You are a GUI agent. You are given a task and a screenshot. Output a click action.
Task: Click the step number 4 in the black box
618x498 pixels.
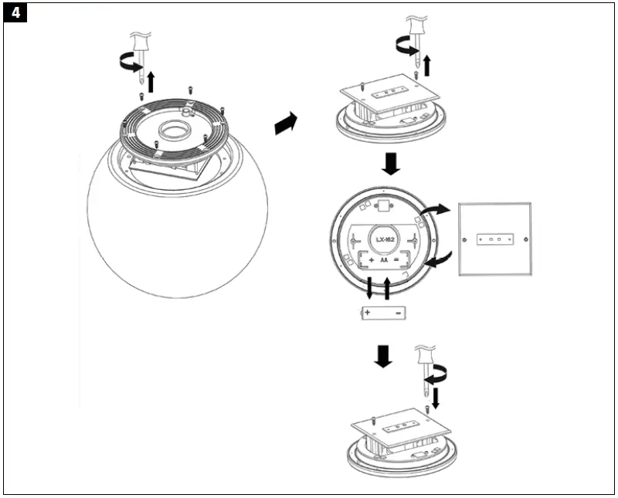16,15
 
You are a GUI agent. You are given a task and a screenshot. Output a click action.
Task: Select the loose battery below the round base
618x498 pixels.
383,313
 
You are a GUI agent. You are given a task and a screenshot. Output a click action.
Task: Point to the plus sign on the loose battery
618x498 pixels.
368,313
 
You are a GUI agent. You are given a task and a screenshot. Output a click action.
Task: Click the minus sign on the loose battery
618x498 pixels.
397,313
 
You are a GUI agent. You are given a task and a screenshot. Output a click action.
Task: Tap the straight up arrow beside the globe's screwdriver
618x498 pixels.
152,80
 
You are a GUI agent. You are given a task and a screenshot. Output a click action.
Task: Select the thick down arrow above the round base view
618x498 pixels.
392,163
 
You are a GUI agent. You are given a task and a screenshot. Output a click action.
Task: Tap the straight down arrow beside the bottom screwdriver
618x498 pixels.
436,397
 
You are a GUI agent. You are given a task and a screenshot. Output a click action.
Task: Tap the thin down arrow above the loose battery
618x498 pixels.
369,289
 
